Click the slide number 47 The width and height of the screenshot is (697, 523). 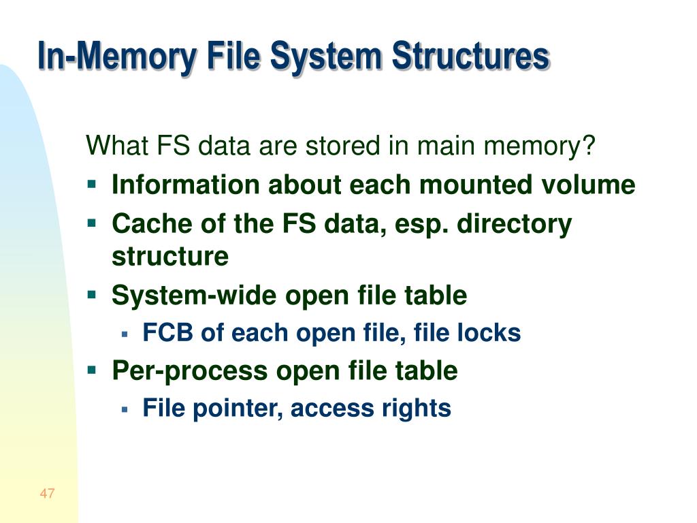click(47, 494)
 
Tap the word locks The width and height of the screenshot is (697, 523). click(489, 333)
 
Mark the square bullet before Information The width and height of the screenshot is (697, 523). click(93, 185)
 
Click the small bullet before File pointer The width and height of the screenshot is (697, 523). click(125, 409)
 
